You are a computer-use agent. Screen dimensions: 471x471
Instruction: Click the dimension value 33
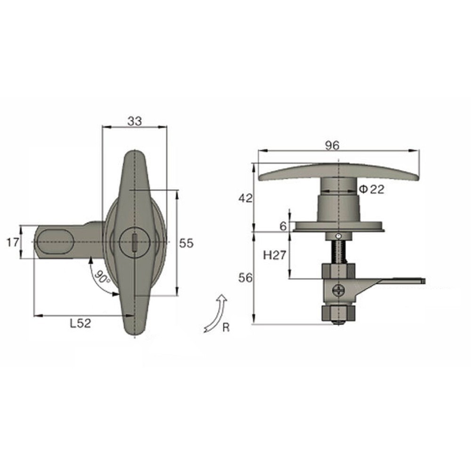tap(135, 121)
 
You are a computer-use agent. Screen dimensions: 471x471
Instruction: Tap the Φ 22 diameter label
tap(372, 189)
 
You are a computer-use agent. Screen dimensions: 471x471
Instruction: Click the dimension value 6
tap(283, 226)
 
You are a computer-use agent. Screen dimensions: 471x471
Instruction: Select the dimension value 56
tap(244, 278)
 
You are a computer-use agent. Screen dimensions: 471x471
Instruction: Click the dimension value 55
tap(187, 243)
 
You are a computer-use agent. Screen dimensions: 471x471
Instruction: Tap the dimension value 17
tap(14, 243)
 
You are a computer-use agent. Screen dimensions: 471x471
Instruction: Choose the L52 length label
tap(80, 323)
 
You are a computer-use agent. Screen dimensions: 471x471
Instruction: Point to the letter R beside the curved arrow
tap(226, 328)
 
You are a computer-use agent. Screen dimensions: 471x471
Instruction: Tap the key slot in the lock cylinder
tap(135, 243)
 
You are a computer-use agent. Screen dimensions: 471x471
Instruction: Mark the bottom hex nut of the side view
tap(337, 313)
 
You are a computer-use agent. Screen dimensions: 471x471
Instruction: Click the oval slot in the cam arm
tap(56, 242)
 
